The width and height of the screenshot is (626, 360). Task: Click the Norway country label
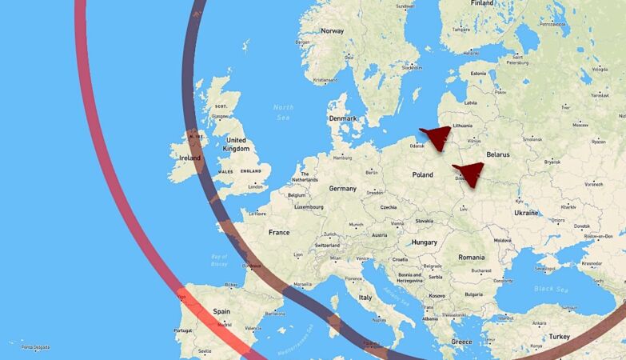click(332, 31)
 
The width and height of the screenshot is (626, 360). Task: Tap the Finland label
click(482, 3)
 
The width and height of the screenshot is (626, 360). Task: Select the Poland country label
click(422, 174)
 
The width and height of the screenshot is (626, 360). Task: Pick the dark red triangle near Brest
click(469, 173)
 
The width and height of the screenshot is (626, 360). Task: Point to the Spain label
click(221, 311)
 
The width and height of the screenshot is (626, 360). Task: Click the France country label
click(279, 232)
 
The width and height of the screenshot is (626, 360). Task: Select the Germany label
click(342, 189)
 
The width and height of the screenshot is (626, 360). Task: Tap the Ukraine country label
click(526, 213)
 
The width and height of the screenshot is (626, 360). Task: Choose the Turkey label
click(560, 337)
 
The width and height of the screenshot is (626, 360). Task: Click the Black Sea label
click(549, 288)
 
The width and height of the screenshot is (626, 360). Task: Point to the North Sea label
click(283, 111)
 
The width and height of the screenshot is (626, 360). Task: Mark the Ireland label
click(190, 158)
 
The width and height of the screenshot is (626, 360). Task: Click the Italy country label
click(365, 297)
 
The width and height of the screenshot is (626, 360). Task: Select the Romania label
click(471, 257)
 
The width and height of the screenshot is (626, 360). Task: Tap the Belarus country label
click(498, 154)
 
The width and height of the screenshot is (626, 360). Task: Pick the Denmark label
click(342, 118)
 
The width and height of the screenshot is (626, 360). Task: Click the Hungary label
click(424, 242)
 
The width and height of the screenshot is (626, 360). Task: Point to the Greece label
click(461, 342)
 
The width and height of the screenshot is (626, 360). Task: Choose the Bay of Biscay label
click(219, 260)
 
